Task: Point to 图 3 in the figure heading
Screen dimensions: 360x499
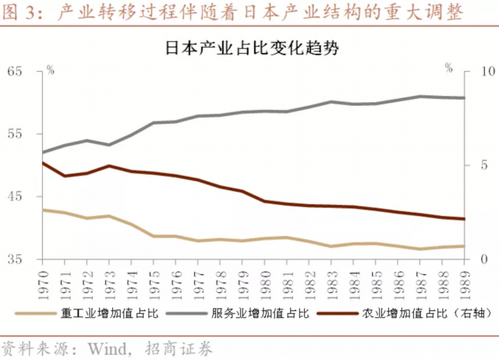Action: tap(21, 13)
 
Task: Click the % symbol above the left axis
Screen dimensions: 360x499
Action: tap(50, 69)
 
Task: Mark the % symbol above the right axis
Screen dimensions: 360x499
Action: tap(448, 69)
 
